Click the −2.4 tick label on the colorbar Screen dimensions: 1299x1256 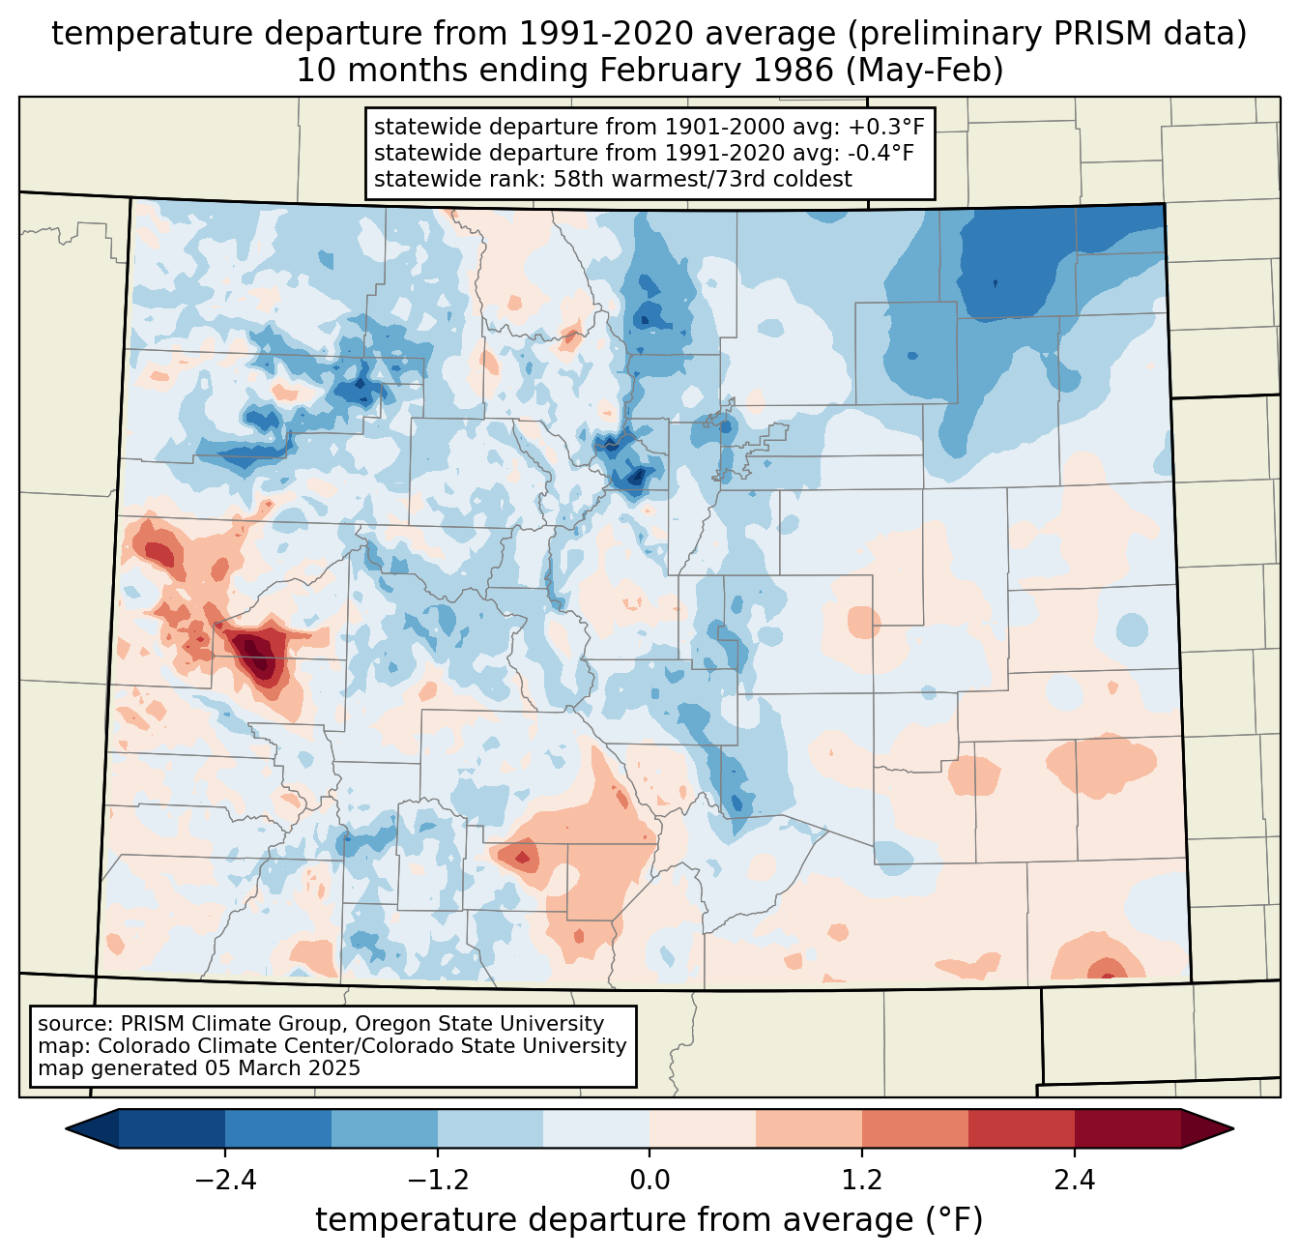point(225,1180)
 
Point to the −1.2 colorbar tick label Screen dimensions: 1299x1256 point(438,1180)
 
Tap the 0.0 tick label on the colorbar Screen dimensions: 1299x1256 point(649,1180)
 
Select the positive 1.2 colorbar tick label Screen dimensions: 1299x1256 point(862,1180)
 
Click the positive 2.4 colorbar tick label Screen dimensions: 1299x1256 point(1075,1180)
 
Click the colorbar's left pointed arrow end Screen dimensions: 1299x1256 point(67,1129)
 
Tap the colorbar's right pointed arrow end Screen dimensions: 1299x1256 point(1232,1129)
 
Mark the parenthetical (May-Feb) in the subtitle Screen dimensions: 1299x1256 point(925,71)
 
